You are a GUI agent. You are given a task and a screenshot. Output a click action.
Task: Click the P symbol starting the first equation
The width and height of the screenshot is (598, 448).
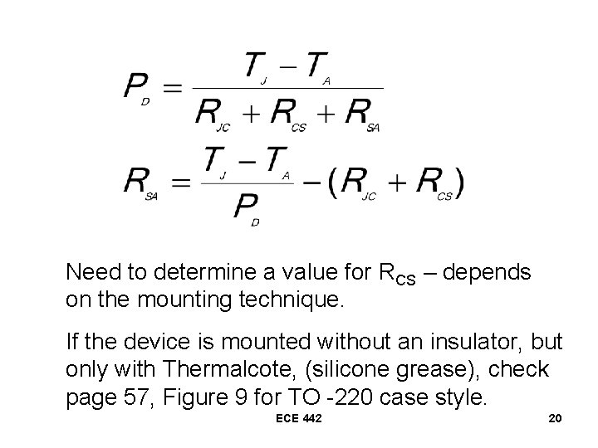click(136, 85)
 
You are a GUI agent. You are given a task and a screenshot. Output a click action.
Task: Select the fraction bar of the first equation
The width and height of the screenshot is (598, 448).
click(287, 88)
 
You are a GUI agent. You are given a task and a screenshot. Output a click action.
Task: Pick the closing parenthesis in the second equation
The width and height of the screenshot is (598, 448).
click(459, 183)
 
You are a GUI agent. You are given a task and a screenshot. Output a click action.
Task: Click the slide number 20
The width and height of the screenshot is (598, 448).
click(555, 419)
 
